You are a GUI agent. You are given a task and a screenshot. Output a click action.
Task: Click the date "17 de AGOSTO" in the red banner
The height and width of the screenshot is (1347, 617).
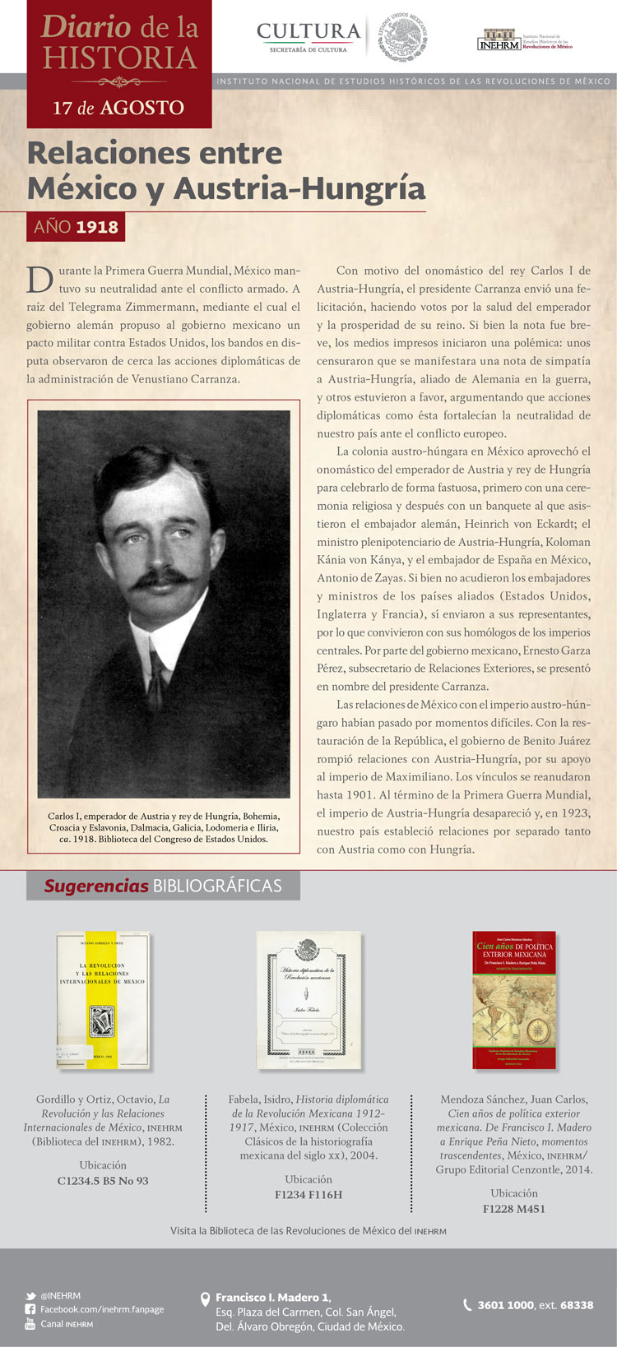pyautogui.click(x=118, y=108)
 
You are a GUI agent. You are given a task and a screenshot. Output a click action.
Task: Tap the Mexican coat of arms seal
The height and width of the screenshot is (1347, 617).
pyautogui.click(x=404, y=37)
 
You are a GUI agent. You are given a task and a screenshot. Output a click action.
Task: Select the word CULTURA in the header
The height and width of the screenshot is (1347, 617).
pyautogui.click(x=308, y=31)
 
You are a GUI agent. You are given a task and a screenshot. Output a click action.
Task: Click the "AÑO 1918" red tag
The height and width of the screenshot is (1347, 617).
pyautogui.click(x=76, y=227)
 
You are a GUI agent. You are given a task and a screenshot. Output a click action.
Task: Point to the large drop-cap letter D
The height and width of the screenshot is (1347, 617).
pyautogui.click(x=39, y=280)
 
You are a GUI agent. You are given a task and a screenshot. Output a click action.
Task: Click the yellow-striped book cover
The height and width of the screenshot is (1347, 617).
pyautogui.click(x=103, y=1000)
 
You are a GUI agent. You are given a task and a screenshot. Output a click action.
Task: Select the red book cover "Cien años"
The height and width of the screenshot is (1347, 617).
pyautogui.click(x=514, y=1000)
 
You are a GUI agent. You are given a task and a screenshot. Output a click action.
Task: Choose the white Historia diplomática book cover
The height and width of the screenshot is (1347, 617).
pyautogui.click(x=308, y=1000)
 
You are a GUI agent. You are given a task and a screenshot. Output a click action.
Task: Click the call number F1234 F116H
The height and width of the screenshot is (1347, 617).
pyautogui.click(x=308, y=1195)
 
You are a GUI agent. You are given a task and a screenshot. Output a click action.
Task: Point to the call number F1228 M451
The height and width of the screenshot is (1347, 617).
pyautogui.click(x=514, y=1209)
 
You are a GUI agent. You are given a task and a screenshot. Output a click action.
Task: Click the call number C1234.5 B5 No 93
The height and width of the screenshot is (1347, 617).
pyautogui.click(x=103, y=1181)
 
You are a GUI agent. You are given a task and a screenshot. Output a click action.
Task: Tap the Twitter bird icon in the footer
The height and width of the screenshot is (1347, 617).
pyautogui.click(x=30, y=1295)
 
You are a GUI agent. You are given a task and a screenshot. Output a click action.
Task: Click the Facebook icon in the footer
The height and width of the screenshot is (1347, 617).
pyautogui.click(x=30, y=1309)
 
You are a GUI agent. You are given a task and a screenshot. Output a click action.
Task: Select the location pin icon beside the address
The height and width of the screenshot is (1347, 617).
pyautogui.click(x=206, y=1299)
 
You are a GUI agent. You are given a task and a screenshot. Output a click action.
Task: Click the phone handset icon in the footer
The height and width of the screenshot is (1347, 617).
pyautogui.click(x=467, y=1304)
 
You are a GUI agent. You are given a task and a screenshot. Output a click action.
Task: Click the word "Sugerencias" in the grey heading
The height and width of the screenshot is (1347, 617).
pyautogui.click(x=96, y=886)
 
